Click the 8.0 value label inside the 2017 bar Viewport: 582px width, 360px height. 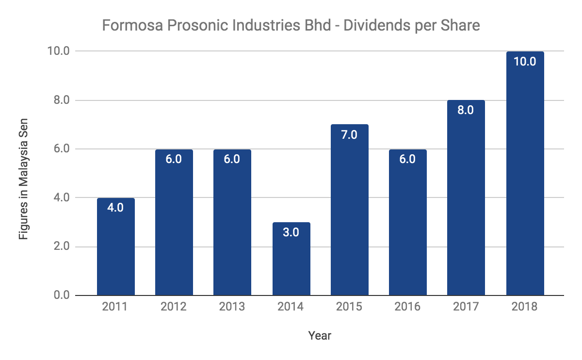[466, 110]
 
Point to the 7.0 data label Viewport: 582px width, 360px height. [349, 134]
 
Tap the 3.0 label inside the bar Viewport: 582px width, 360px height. [291, 232]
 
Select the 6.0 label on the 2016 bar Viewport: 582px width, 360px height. [407, 159]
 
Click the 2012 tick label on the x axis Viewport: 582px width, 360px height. [174, 307]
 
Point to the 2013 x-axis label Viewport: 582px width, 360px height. [232, 307]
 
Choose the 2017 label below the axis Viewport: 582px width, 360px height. [466, 307]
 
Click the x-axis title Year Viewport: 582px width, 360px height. [320, 335]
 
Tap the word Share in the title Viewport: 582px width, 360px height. [460, 25]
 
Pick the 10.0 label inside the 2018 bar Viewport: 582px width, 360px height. [525, 62]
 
